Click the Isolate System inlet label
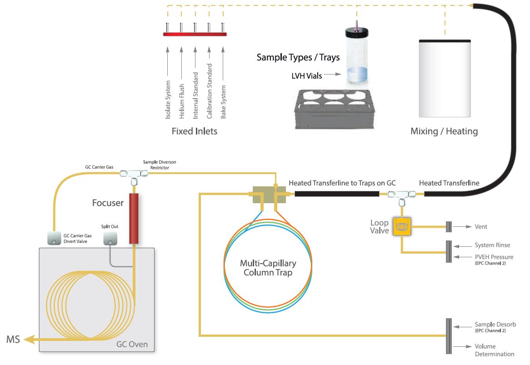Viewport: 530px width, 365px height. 168,100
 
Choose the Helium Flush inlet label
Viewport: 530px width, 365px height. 181,101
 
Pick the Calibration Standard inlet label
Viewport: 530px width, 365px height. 210,91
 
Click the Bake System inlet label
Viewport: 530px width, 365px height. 223,102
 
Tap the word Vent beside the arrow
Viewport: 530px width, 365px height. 481,226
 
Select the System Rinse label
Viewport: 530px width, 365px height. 492,245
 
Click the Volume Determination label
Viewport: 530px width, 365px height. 495,350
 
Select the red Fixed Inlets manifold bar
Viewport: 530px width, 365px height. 195,34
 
